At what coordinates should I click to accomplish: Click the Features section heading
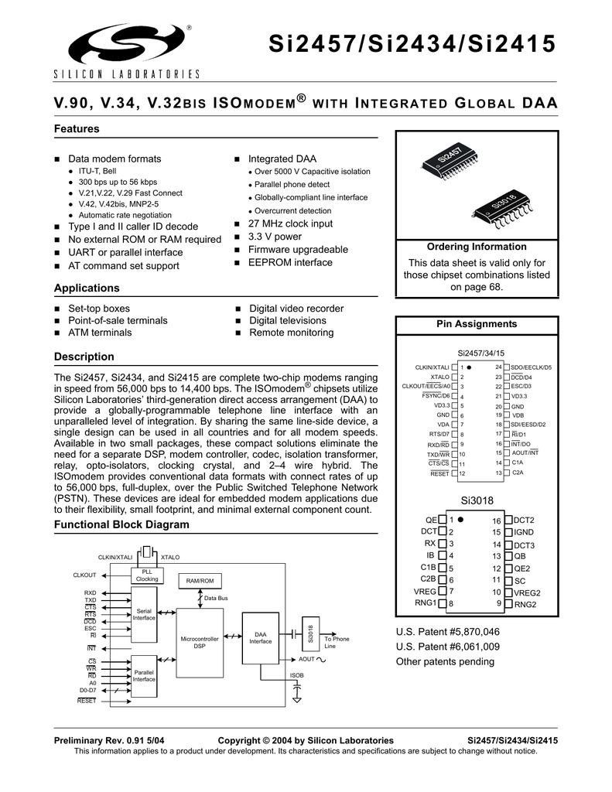click(x=77, y=128)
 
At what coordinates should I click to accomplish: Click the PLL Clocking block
click(x=147, y=575)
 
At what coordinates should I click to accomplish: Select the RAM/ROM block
click(x=200, y=580)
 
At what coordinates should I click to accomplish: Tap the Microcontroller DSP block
click(x=200, y=642)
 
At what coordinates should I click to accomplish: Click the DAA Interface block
click(x=260, y=637)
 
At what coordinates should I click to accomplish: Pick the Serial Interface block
click(x=144, y=614)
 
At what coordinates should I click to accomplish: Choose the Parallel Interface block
click(x=144, y=675)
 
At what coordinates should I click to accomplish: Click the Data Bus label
click(x=216, y=598)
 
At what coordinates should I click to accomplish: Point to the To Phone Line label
click(x=337, y=642)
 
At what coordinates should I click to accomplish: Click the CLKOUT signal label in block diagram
click(x=84, y=575)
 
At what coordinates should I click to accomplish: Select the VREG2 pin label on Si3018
click(x=528, y=592)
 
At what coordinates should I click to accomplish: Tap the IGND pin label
click(x=525, y=532)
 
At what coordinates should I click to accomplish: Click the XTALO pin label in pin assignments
click(x=439, y=377)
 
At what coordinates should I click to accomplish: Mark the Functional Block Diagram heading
click(x=121, y=524)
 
